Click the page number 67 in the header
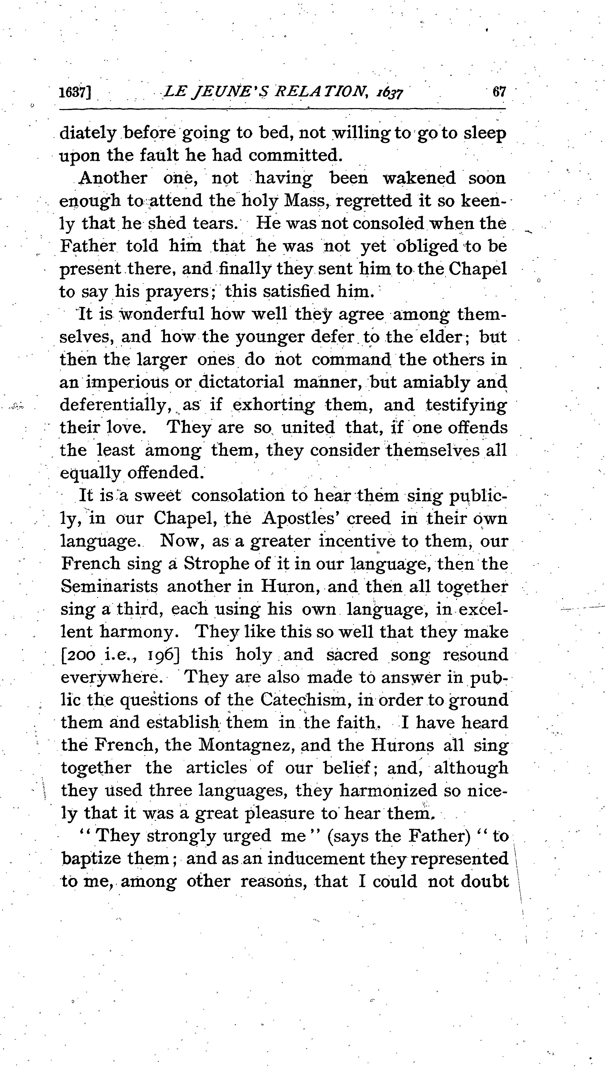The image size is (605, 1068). [499, 92]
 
